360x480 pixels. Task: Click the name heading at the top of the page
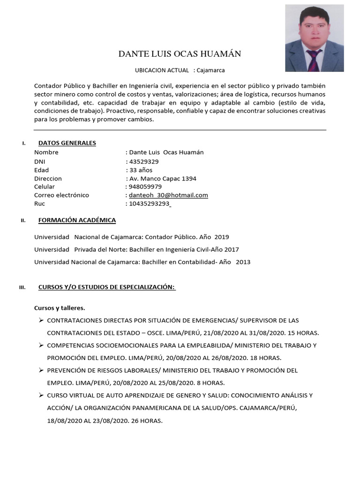180,54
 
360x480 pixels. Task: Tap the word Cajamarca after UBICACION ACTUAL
211,70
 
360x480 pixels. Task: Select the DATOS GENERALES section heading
67,143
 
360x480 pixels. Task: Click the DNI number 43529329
145,161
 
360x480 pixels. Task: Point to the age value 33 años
141,170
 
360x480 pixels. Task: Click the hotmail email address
168,195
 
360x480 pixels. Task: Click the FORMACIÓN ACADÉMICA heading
77,220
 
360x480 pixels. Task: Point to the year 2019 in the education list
222,237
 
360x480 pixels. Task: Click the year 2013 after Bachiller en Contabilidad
243,262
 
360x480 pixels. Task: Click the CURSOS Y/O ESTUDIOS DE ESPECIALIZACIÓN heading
107,287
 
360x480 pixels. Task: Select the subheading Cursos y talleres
60,308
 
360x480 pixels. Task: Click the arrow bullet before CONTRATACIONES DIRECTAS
41,320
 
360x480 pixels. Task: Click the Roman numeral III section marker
22,287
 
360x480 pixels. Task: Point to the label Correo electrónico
61,195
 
